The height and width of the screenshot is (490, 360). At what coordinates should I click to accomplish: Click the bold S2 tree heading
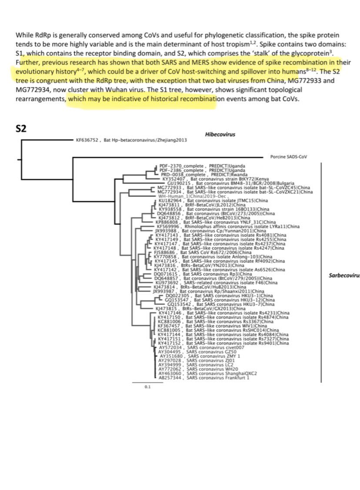pos(22,129)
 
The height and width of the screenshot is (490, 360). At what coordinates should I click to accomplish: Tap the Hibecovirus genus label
pos(220,135)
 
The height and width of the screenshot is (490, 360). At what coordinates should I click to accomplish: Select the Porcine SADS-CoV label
pos(288,157)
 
